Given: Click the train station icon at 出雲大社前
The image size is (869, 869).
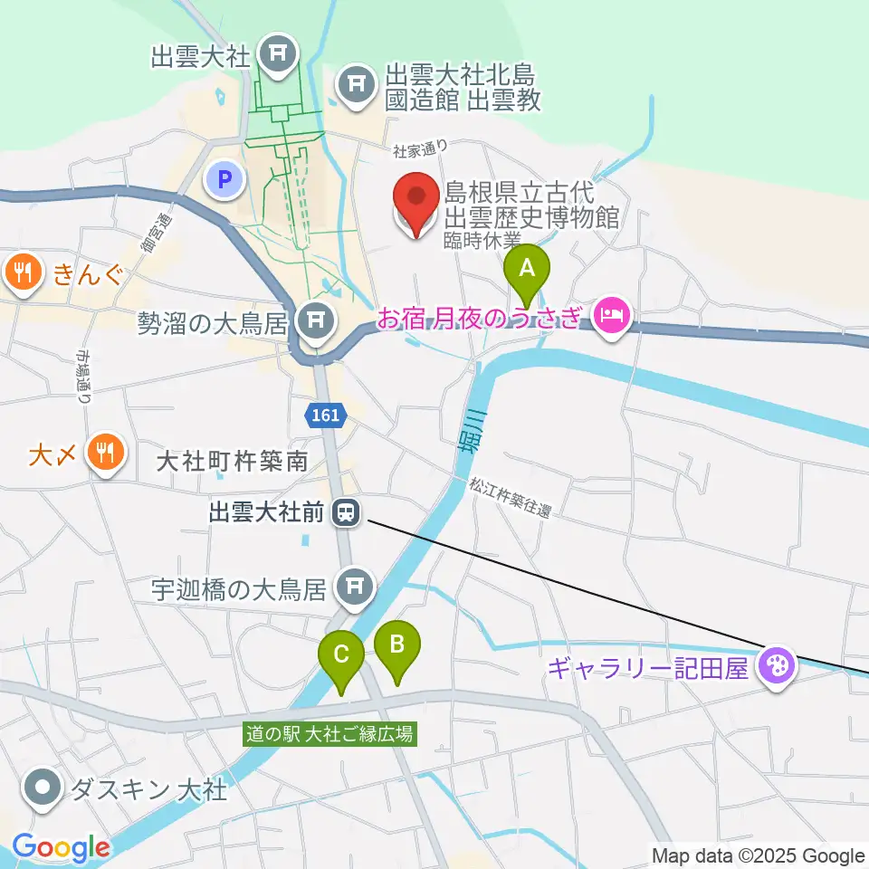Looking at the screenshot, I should [x=345, y=514].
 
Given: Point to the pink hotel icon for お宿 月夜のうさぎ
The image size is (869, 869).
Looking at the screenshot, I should [x=613, y=317].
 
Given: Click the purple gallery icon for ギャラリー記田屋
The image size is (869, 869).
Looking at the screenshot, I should [x=778, y=668].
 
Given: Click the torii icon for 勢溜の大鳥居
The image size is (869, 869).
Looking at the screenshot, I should [x=316, y=320].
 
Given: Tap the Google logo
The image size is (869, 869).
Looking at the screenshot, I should [x=61, y=848].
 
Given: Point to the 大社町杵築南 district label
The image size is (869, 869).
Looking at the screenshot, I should [x=232, y=463].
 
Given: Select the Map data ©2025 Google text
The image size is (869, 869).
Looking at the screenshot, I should [x=759, y=855].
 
